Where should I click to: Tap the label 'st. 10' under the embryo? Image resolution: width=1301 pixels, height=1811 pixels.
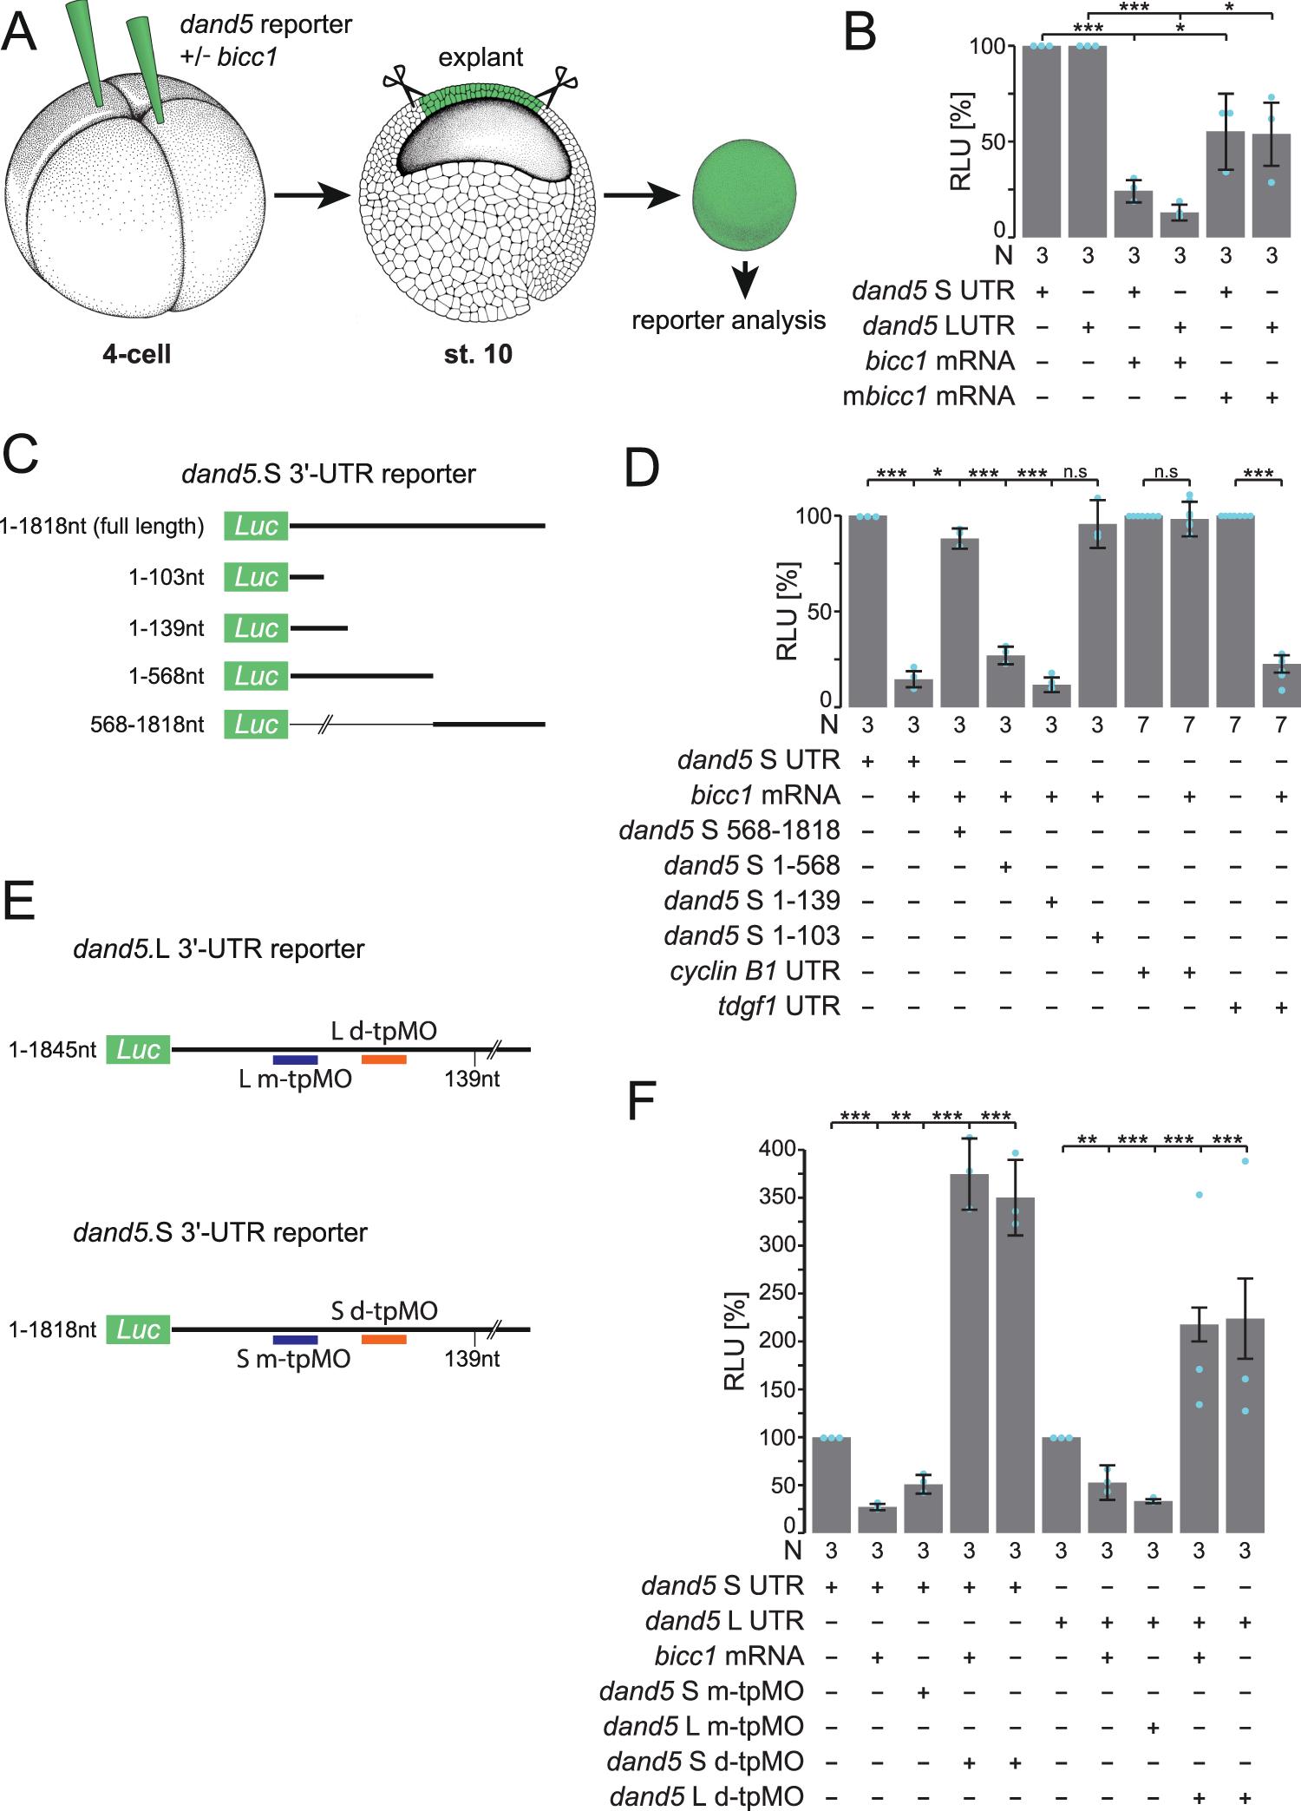click(x=478, y=354)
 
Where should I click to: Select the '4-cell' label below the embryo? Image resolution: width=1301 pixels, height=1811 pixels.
click(x=136, y=354)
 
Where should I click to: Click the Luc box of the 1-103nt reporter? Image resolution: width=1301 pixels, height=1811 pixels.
click(x=256, y=576)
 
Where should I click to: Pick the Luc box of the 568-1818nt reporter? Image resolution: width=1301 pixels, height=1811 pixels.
click(x=256, y=724)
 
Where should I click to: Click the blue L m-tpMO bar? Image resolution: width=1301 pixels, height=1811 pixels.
click(x=295, y=1060)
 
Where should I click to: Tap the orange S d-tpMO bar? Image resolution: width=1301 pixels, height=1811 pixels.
click(x=383, y=1339)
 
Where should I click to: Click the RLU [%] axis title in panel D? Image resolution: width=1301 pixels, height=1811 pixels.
click(x=788, y=611)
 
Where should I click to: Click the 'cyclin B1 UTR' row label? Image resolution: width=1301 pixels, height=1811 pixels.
click(x=755, y=970)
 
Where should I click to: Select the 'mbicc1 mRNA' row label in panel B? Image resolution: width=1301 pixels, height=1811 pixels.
click(x=928, y=396)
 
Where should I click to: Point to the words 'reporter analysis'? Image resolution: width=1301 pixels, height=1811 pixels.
click(x=728, y=320)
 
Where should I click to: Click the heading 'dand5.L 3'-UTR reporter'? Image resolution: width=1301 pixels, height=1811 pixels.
click(x=219, y=948)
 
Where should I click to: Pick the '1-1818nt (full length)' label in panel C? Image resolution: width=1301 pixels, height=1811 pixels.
click(x=102, y=526)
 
